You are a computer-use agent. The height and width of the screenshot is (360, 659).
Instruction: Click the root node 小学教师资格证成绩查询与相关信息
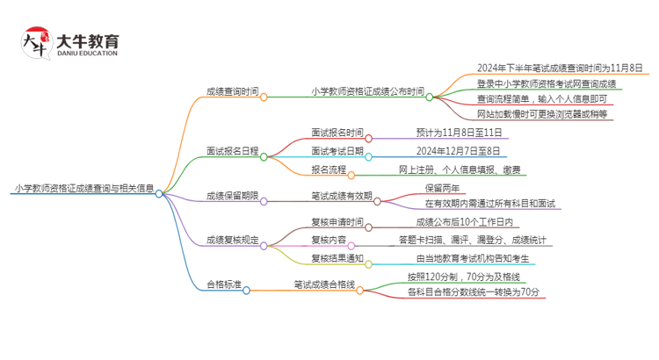coord(84,188)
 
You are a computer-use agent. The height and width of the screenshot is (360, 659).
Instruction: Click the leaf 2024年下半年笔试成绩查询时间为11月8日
coord(560,68)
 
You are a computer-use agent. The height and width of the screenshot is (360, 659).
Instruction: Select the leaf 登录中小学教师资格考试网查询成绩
coord(547,83)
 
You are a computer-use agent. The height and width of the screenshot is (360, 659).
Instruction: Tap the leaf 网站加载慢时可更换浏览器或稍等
coord(541,115)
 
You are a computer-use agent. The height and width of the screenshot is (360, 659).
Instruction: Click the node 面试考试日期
coord(337,151)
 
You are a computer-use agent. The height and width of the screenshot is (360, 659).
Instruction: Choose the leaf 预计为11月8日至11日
coord(460,133)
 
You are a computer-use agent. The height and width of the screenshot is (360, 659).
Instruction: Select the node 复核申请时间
coord(337,222)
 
